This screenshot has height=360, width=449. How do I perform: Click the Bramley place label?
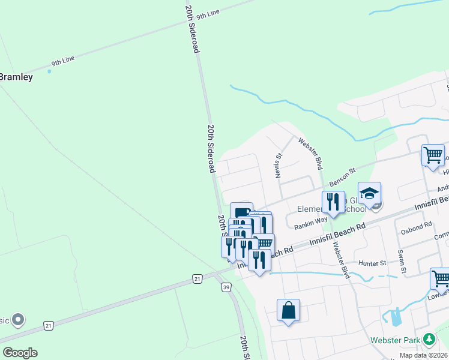[16, 77]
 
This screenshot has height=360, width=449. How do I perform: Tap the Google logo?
[20, 352]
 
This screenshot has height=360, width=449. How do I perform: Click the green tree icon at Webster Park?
[429, 340]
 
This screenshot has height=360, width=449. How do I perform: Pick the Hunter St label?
[373, 263]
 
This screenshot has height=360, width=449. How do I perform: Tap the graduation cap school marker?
[370, 193]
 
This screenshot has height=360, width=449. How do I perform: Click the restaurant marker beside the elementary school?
[333, 202]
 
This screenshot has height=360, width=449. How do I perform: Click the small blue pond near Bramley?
[49, 71]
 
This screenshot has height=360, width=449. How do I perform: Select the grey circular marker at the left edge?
[17, 319]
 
